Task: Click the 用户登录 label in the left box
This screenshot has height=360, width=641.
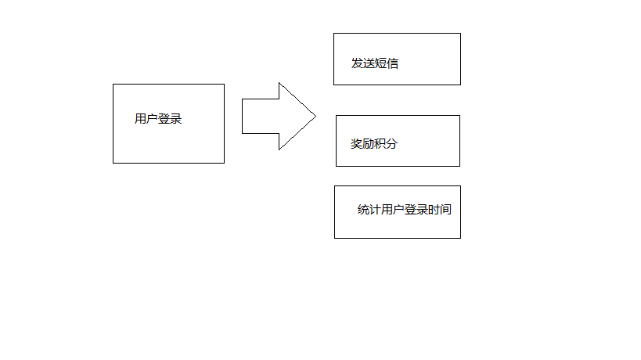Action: (x=158, y=119)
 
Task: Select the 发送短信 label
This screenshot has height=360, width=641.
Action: (x=375, y=63)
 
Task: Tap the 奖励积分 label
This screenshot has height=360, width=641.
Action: (x=374, y=144)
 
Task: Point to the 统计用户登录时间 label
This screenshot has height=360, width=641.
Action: (x=405, y=210)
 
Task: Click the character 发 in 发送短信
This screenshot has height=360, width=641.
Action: (x=357, y=63)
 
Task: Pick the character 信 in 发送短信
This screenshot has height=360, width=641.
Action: (x=393, y=63)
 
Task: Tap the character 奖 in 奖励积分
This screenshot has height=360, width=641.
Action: (x=357, y=144)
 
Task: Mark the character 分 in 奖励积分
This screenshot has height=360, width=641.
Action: (x=392, y=144)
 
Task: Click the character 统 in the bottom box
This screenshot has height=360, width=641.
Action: (x=363, y=210)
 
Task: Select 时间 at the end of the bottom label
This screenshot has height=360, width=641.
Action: (x=440, y=210)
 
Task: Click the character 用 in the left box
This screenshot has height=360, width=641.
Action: (x=140, y=119)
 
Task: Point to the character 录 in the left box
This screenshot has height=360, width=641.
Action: (x=176, y=119)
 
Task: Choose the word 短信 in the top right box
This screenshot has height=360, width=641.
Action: (x=387, y=63)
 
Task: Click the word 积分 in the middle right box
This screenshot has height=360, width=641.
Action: (x=386, y=144)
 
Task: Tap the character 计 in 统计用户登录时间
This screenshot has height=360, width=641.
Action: (x=375, y=210)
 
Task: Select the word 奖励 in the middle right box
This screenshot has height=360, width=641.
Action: (x=362, y=144)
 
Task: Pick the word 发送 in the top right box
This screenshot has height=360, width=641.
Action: (x=363, y=63)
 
